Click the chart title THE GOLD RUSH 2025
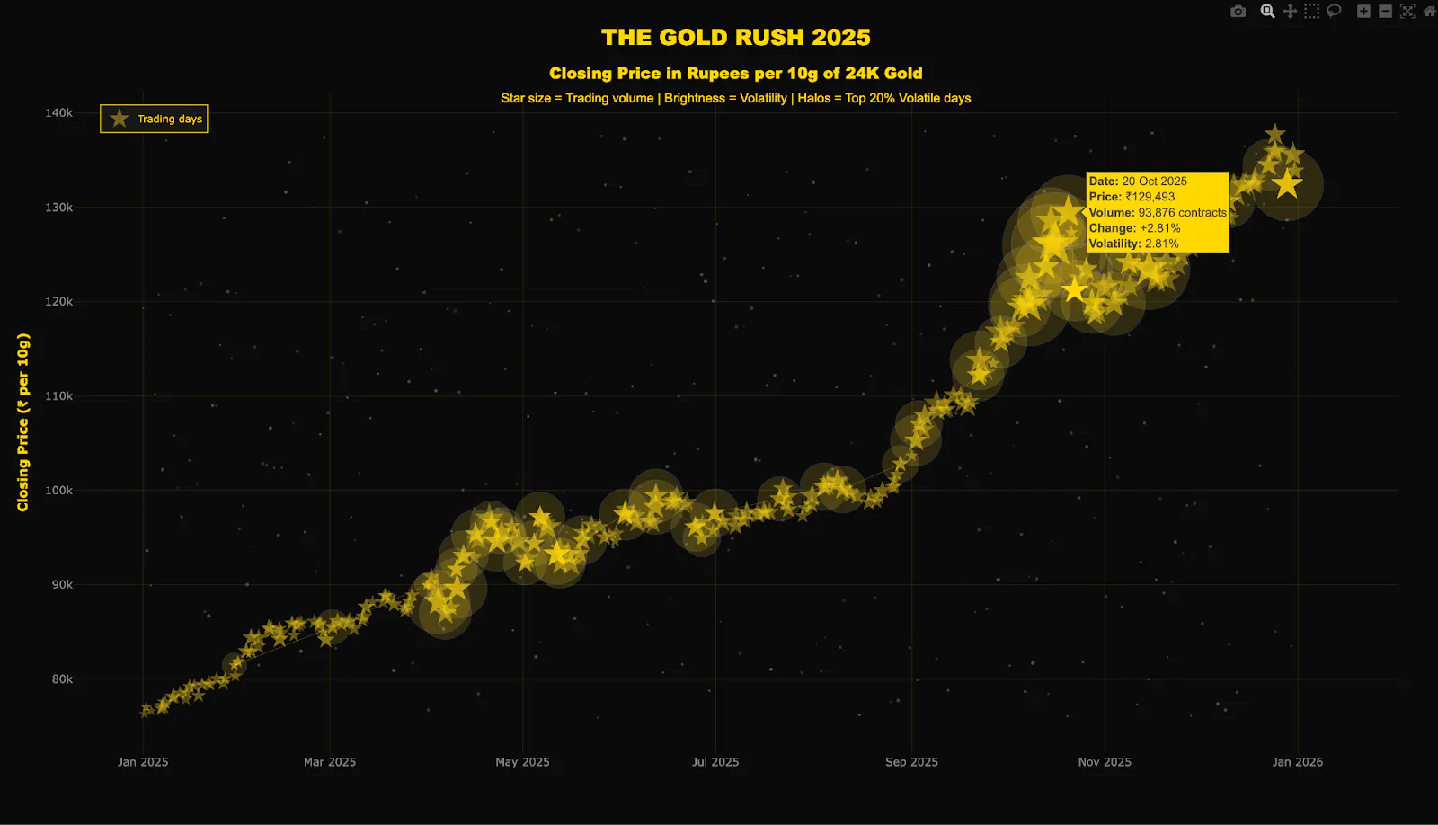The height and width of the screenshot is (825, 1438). (x=735, y=37)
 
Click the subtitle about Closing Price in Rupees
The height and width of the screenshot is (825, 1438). (x=735, y=74)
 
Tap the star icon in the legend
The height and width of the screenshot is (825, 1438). (x=119, y=119)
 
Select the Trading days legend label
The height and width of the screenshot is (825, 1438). (x=169, y=119)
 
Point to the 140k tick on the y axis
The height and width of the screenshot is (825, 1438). (x=58, y=112)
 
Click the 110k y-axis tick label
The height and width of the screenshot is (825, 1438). (x=58, y=395)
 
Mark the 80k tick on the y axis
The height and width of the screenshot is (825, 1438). (x=62, y=679)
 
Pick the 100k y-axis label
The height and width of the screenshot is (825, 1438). (x=58, y=490)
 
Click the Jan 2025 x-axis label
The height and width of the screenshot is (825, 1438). (x=143, y=762)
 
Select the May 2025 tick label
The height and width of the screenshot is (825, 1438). (x=522, y=762)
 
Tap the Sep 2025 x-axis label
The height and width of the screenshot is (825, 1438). (x=911, y=762)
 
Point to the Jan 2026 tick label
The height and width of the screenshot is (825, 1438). (x=1297, y=762)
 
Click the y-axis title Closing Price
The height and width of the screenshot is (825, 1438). (x=23, y=422)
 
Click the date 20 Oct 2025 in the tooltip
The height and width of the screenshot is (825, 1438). (x=1154, y=182)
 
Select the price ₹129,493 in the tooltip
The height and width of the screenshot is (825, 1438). (x=1150, y=197)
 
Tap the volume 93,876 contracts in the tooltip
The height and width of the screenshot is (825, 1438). (x=1182, y=213)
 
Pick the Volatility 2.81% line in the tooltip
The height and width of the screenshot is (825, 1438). (x=1133, y=244)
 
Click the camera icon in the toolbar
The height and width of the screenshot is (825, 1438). (x=1238, y=12)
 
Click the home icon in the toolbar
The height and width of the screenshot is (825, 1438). (x=1429, y=12)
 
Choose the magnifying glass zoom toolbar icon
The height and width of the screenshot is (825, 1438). (x=1267, y=12)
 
